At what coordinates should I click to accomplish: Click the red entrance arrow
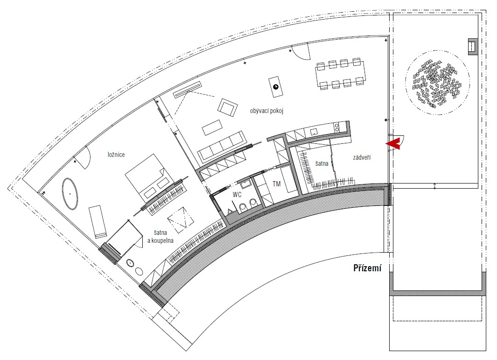393,144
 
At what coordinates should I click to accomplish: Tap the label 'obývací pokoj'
266,111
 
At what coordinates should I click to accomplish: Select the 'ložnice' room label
116,155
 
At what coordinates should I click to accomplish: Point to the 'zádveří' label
362,157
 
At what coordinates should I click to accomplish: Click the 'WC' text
237,195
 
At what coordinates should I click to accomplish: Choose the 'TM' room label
276,184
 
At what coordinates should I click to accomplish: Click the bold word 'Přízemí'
367,268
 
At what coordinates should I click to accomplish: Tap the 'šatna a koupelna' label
161,237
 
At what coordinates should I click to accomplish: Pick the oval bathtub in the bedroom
70,194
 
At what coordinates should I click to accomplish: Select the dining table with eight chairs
340,74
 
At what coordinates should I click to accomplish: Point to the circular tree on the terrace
437,83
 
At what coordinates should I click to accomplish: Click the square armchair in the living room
228,107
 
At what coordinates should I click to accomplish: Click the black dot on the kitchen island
276,86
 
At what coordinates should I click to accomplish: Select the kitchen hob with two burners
336,127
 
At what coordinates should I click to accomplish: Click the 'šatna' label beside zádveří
322,164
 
